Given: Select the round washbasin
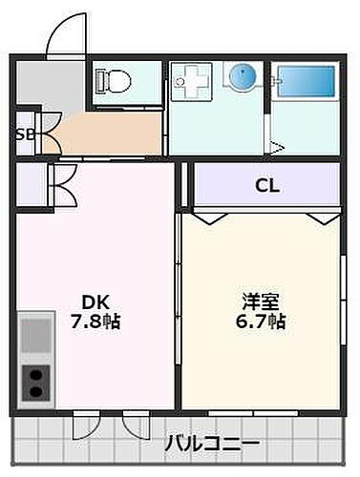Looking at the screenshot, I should pyautogui.click(x=242, y=75).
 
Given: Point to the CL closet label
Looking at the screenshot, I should pyautogui.click(x=266, y=186).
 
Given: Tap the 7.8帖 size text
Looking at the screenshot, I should pyautogui.click(x=94, y=321).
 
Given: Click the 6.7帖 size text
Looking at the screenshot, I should pyautogui.click(x=261, y=321).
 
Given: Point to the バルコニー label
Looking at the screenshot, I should pyautogui.click(x=211, y=445).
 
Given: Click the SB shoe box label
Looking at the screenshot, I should pyautogui.click(x=24, y=134).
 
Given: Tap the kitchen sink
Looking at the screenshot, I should pyautogui.click(x=36, y=335).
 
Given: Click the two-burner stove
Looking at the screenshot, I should pyautogui.click(x=36, y=383).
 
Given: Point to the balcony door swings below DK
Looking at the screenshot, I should pyautogui.click(x=110, y=422).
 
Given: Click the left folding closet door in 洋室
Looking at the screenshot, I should pyautogui.click(x=214, y=218).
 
